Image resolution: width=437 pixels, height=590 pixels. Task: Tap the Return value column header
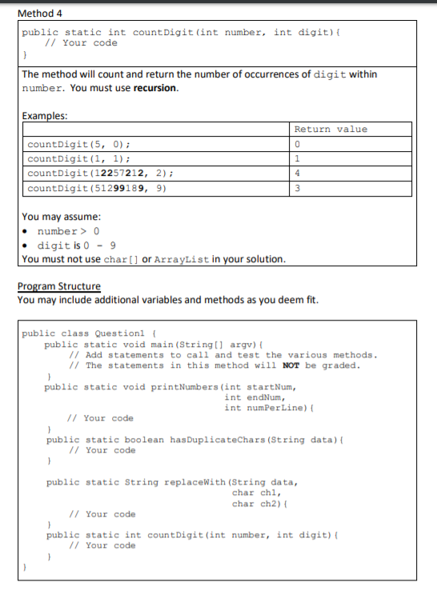331,130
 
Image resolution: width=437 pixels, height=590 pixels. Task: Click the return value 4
297,173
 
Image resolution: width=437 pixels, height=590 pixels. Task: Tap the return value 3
297,189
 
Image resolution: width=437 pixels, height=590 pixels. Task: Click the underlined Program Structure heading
59,286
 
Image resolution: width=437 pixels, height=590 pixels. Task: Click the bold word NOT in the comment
291,365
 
